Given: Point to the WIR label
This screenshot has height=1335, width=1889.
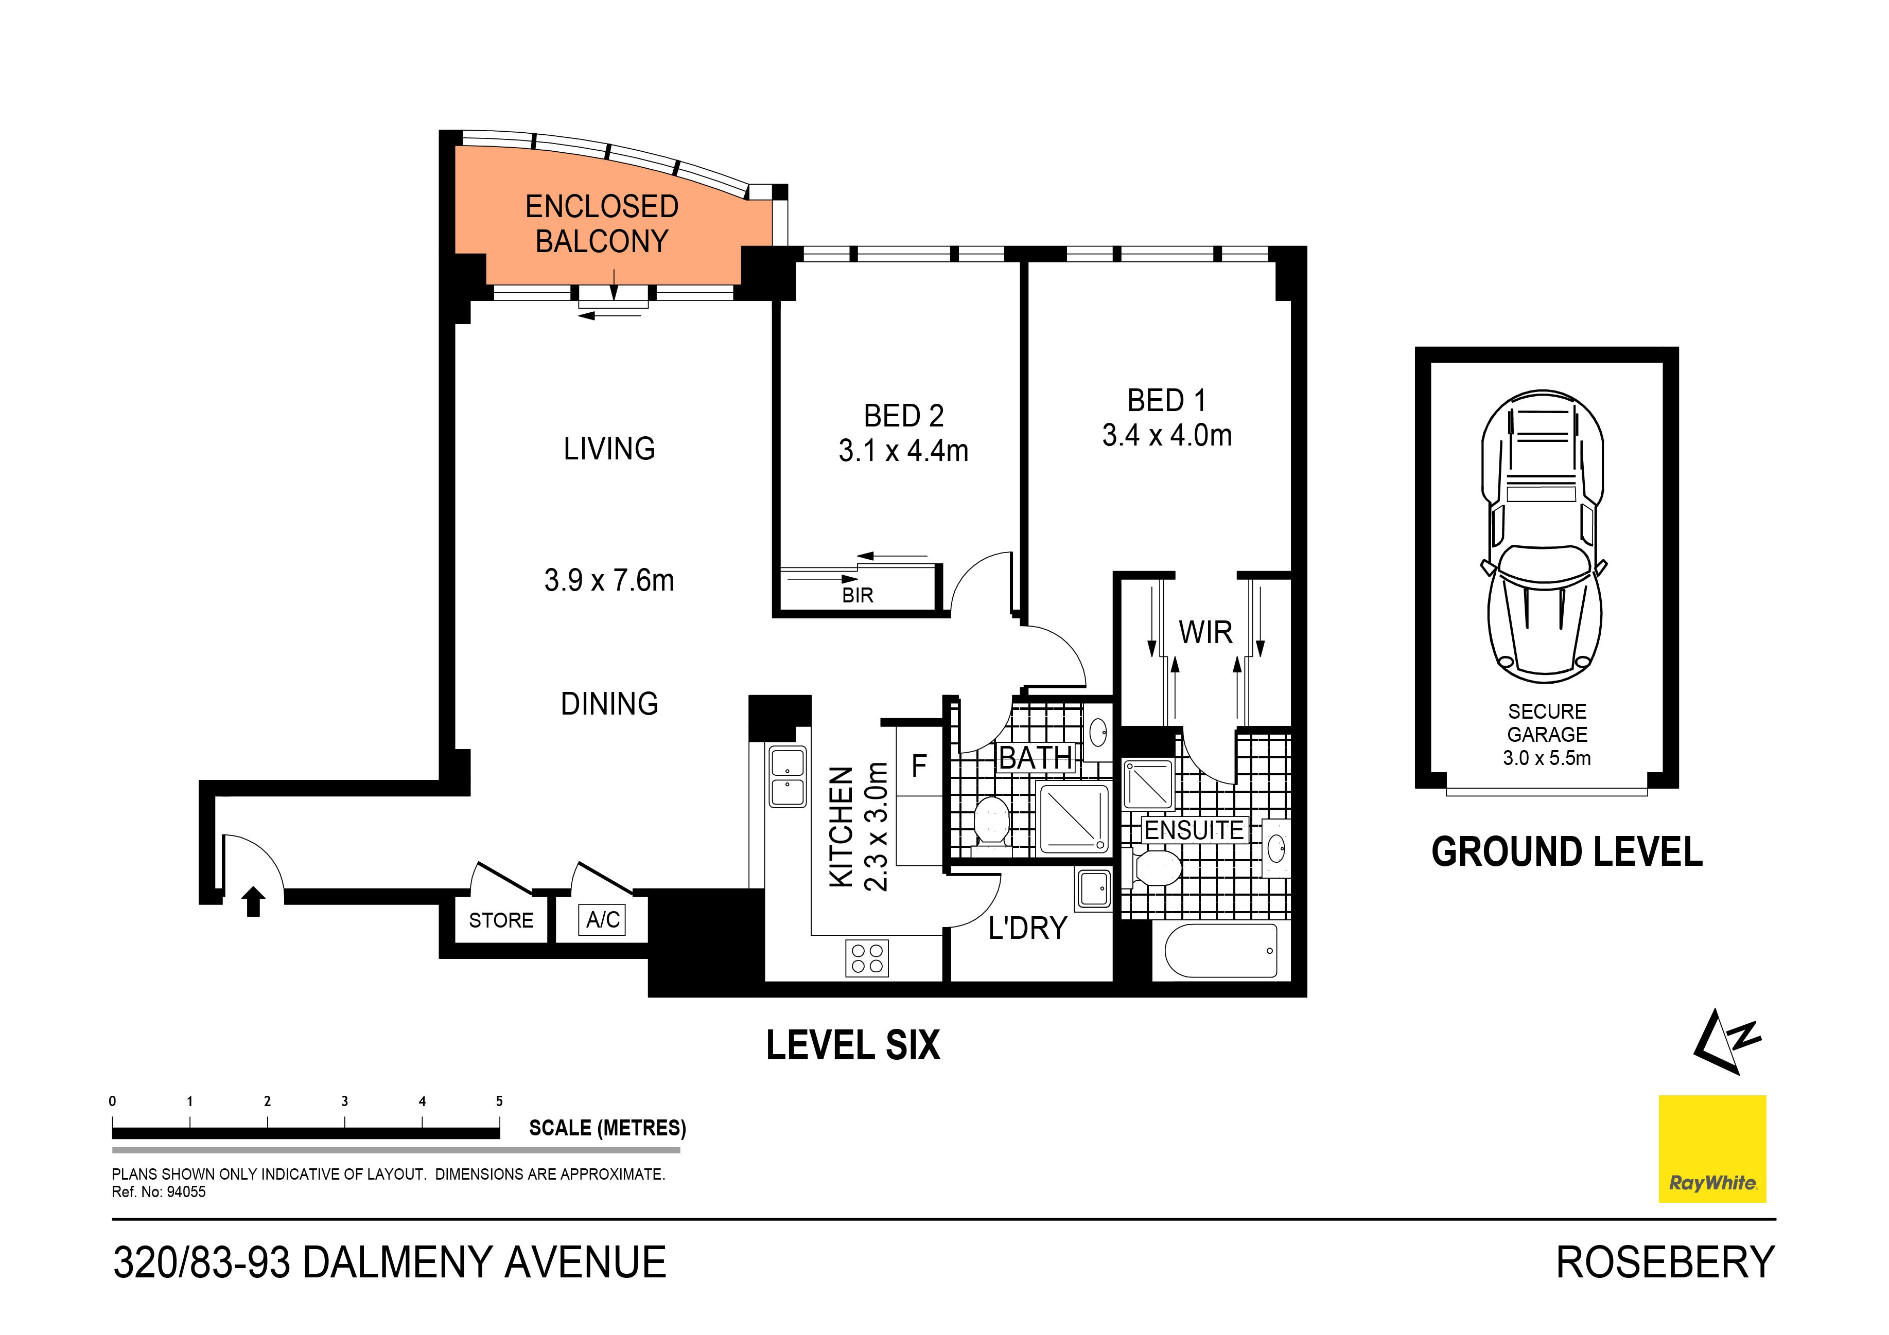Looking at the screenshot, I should point(1205,633).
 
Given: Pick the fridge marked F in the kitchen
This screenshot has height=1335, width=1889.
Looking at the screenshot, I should point(919,767).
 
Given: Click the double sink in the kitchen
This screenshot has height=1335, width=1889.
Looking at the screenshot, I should point(788,777).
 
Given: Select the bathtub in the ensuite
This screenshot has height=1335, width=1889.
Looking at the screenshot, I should point(1221,951).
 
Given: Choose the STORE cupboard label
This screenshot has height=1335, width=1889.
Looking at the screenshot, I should point(500,920).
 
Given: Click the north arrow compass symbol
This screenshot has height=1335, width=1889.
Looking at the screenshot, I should point(1726,1042).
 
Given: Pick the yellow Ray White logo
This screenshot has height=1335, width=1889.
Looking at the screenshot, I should point(1712,1149).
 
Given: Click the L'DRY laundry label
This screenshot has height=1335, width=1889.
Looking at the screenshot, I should point(1027,929).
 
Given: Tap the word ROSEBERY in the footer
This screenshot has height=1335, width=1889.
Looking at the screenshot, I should point(1665,1262).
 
